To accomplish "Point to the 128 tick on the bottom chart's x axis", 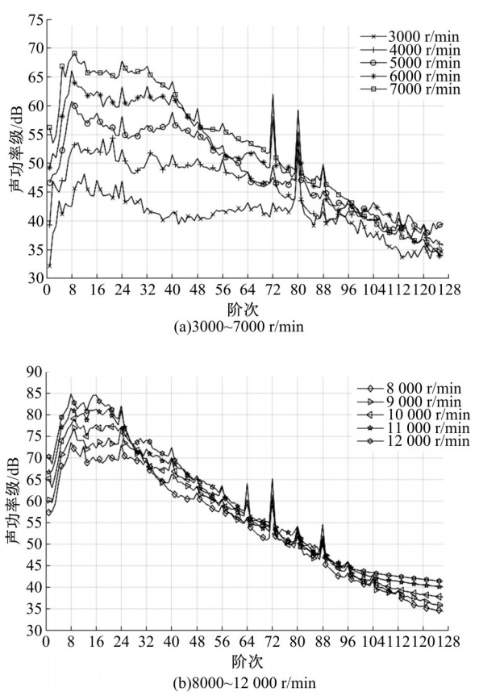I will coord(448,643).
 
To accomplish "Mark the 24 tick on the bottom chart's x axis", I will coord(122,643).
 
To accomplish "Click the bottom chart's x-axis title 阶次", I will coord(247,660).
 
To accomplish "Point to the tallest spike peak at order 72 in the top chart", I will coord(273,95).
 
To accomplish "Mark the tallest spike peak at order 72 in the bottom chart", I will coord(273,480).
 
